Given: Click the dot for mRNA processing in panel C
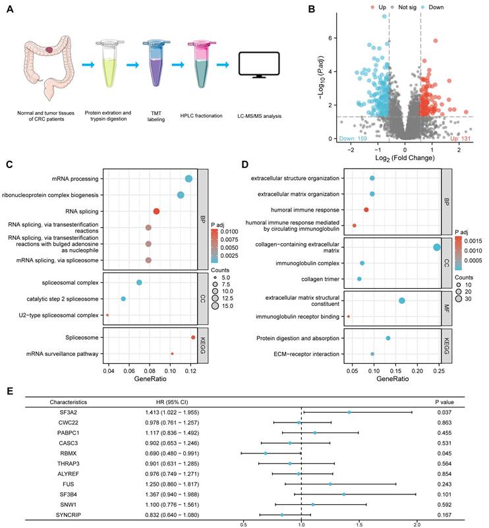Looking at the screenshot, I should tap(188, 179).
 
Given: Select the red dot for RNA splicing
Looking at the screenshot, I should tap(157, 211).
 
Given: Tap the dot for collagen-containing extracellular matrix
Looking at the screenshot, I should tap(436, 247).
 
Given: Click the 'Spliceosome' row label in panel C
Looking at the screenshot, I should tap(82, 337).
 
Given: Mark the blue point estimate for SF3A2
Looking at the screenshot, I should tap(349, 412).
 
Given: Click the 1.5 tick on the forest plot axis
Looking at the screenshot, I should tap(359, 525).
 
